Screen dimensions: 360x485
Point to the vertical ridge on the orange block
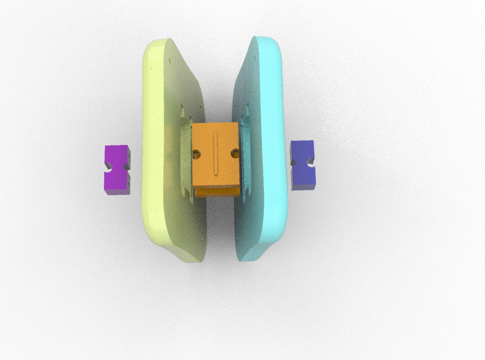216,153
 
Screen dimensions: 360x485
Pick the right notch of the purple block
126,167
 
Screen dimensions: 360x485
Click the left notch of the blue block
294,163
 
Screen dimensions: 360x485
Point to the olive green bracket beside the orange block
186,158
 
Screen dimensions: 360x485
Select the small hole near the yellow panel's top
170,60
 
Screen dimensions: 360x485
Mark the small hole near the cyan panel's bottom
238,240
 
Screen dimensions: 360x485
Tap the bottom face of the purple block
117,192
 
